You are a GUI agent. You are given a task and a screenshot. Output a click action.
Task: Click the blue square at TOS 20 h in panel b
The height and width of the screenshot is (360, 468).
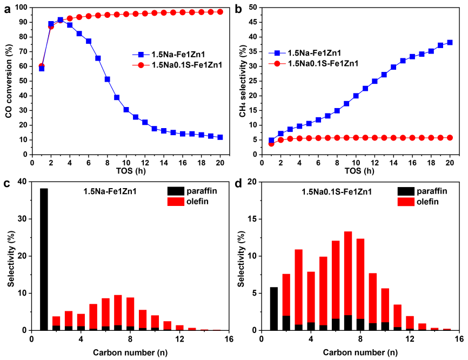[450, 42]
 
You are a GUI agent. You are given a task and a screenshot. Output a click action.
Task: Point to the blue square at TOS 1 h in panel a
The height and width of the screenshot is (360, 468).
[42, 69]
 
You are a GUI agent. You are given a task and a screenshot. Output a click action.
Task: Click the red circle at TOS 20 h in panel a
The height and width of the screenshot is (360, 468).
[219, 11]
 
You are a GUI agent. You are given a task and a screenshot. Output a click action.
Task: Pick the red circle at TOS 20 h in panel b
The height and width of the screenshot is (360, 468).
[450, 138]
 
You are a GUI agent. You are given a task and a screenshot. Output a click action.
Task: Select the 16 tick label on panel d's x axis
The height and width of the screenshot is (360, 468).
[458, 339]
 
